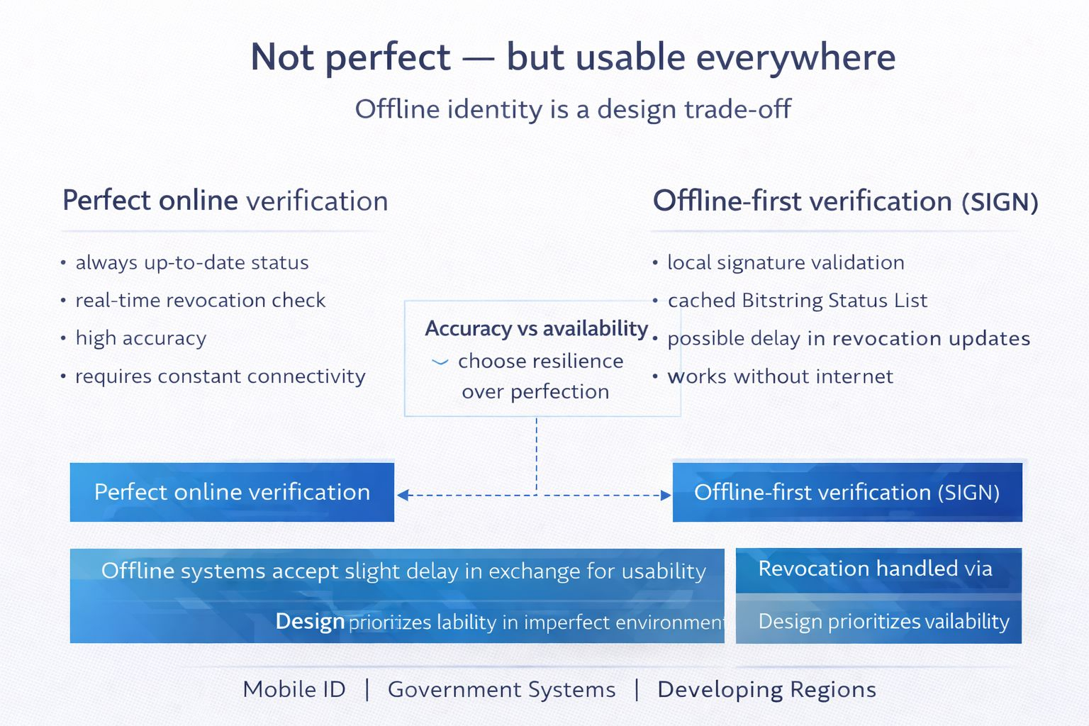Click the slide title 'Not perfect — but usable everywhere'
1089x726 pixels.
[x=573, y=57]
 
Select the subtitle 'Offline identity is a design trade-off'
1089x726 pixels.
[x=573, y=109]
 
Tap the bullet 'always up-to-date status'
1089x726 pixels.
[x=191, y=263]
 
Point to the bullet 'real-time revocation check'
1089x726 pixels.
[x=200, y=301]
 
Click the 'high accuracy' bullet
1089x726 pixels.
[x=140, y=338]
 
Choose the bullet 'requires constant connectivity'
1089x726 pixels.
[x=220, y=376]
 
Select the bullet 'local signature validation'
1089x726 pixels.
[x=786, y=263]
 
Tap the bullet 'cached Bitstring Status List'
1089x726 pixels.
[x=797, y=301]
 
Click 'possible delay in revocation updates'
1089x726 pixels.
[x=849, y=339]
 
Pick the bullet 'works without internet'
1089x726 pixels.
[x=780, y=376]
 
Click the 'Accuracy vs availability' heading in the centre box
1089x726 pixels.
[x=536, y=328]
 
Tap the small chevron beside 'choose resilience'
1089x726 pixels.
[x=440, y=362]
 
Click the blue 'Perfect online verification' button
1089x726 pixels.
[x=232, y=492]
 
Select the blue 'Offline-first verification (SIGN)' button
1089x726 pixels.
[x=847, y=492]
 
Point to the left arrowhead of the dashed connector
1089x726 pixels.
[x=403, y=495]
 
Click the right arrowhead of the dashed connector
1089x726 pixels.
[x=666, y=495]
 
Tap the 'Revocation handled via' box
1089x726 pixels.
[x=878, y=569]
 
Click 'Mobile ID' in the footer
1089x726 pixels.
[x=294, y=689]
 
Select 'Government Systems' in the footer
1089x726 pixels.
[x=501, y=689]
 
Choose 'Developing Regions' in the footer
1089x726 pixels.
[x=766, y=689]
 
